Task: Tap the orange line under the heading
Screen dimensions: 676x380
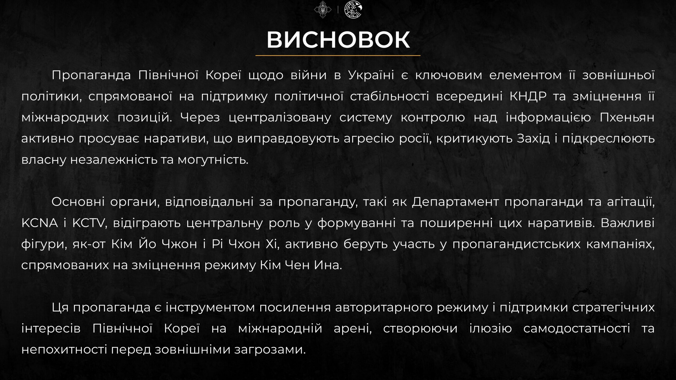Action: [338, 55]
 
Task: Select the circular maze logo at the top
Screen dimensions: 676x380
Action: [353, 9]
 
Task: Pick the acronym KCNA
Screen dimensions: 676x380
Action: [39, 223]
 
